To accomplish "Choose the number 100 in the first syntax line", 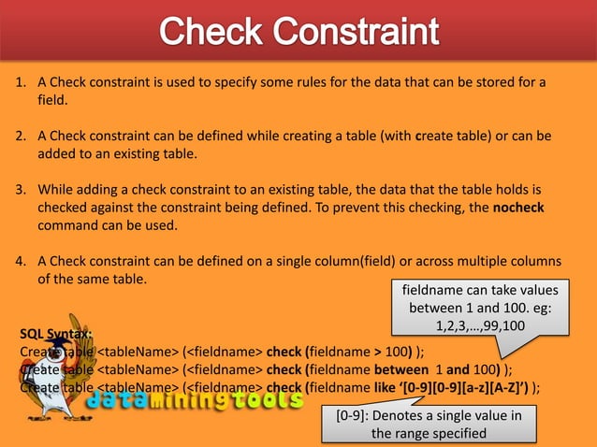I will click(x=395, y=352).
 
